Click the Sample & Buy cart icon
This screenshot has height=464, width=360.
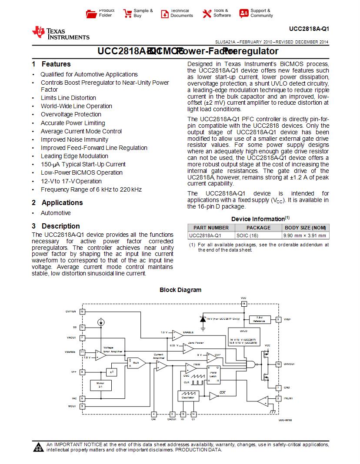127,13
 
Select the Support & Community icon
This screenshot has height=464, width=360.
244,13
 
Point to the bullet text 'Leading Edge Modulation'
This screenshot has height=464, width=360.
74,156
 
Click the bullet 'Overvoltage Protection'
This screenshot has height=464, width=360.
71,114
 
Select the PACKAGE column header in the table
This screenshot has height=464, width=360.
258,228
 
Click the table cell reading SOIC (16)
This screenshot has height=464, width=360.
247,235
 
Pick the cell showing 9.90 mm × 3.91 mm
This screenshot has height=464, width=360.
305,235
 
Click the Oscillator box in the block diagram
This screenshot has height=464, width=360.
187,396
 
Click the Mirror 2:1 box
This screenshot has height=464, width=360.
100,385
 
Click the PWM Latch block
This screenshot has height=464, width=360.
213,374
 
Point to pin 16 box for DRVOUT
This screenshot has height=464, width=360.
278,364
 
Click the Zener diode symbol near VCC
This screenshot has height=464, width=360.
203,318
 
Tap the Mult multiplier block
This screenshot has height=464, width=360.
136,362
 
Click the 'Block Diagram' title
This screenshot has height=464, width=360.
180,290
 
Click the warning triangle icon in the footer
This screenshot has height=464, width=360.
39,447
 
